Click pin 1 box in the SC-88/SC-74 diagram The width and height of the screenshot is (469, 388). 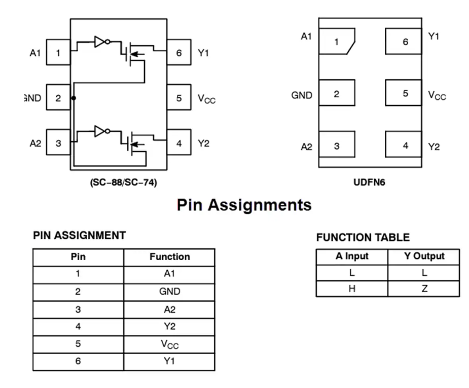click(x=58, y=52)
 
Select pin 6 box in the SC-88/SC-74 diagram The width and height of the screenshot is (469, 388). click(x=179, y=52)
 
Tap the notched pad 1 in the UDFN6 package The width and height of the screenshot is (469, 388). click(x=337, y=41)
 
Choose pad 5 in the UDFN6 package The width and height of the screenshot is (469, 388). click(x=404, y=93)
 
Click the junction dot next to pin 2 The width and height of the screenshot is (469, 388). click(x=74, y=98)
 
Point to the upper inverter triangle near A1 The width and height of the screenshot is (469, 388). click(x=99, y=42)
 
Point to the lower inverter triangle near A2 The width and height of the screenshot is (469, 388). click(x=99, y=131)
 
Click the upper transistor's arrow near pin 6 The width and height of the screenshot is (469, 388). click(x=137, y=54)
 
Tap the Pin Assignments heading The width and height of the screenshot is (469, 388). click(x=244, y=205)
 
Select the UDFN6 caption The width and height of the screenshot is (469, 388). click(x=369, y=182)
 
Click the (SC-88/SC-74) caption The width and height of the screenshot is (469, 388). click(x=124, y=182)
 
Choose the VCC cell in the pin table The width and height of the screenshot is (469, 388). click(x=169, y=344)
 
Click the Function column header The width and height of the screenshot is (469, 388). click(x=169, y=257)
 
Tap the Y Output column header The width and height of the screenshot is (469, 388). click(x=424, y=256)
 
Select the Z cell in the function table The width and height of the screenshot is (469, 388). click(x=424, y=289)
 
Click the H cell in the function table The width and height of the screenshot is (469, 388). click(x=352, y=289)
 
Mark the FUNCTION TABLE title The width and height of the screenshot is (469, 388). click(x=363, y=237)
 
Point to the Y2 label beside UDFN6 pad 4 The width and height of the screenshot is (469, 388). click(x=434, y=147)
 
